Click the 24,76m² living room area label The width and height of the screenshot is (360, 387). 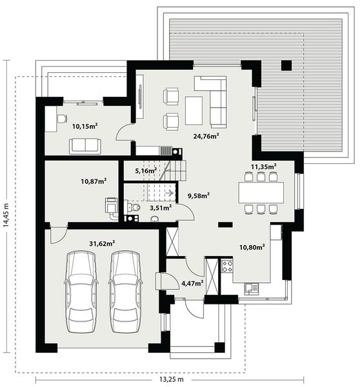pos(206,136)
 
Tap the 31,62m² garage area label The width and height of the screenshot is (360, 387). pos(102,243)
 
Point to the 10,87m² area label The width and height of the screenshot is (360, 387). pos(94,181)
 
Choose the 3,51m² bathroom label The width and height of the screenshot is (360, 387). pos(160,208)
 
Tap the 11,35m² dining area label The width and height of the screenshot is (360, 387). pos(263,166)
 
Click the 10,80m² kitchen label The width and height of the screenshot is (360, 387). pos(252,246)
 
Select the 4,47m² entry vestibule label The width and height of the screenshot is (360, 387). pos(192,283)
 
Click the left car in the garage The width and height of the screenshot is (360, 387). pos(82,288)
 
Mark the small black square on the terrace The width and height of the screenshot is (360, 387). pos(286,64)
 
